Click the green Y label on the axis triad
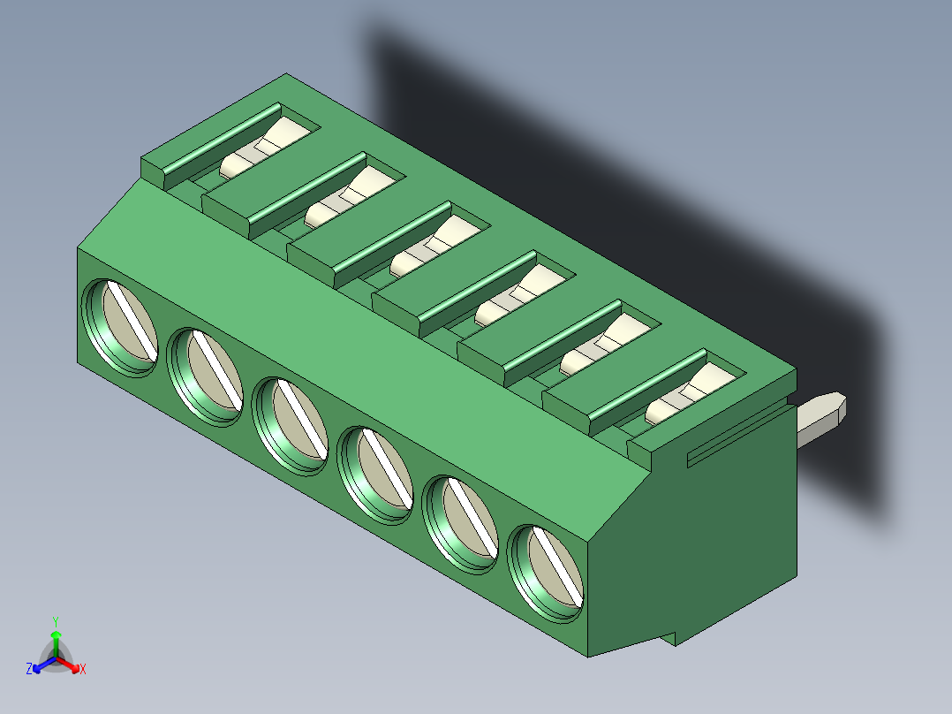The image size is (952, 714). [55, 620]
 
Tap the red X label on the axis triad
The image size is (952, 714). [83, 670]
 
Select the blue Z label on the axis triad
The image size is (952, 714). [29, 670]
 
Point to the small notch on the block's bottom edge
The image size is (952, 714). [671, 637]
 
